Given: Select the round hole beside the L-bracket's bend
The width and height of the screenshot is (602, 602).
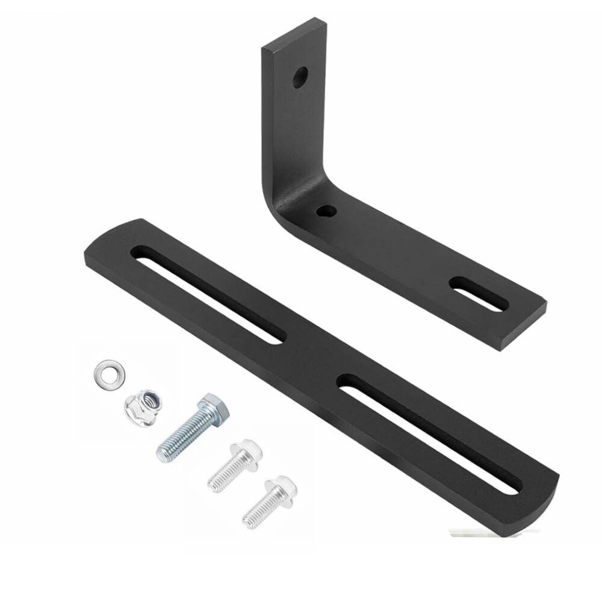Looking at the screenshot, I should coord(326,211).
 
